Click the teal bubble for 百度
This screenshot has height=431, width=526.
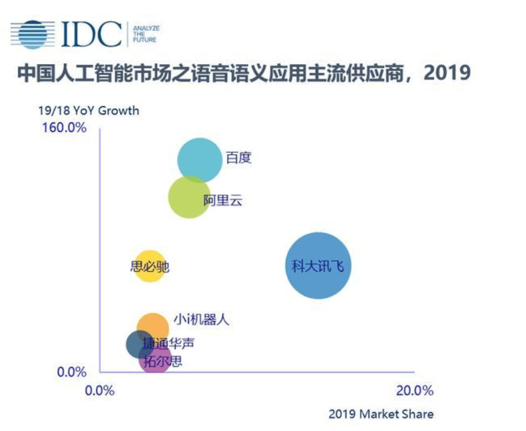point(200,160)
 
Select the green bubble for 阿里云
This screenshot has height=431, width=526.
point(189,197)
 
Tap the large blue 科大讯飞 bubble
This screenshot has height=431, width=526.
point(318,266)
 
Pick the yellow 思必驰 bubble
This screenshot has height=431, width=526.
point(150,266)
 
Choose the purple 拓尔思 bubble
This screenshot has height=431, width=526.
point(155,359)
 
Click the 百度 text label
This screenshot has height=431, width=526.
point(239,157)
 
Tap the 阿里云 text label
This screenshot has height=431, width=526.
point(223,200)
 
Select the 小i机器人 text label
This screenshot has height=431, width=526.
point(201,319)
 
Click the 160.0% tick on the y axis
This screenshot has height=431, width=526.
point(64,128)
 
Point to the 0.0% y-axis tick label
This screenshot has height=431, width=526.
point(72,372)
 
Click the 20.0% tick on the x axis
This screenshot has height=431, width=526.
point(415,391)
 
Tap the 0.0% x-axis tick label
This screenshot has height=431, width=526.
point(100,391)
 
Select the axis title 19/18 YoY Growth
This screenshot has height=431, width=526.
point(89,110)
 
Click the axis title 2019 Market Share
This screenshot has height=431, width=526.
point(381,414)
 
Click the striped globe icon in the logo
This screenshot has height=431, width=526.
point(33,34)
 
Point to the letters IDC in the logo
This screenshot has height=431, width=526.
point(91,34)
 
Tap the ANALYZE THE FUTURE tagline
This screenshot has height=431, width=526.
point(147,34)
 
